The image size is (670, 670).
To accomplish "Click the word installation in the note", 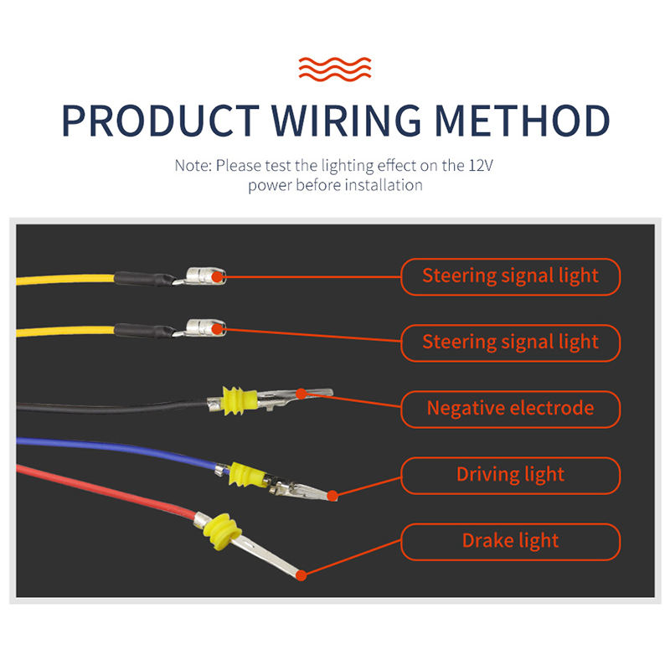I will pos(382,184).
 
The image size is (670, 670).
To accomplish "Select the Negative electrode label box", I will pos(510,409).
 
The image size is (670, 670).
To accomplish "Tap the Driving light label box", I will pos(510,475).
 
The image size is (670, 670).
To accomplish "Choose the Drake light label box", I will pos(510,541).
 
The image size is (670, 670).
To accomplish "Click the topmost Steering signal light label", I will pos(510,276).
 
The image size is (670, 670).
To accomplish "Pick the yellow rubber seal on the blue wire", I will pos(247,475).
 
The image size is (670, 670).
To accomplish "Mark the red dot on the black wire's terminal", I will pos(301,392).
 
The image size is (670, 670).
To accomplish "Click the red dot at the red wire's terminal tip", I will pos(302,575).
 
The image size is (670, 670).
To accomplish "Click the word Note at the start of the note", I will pos(192,165).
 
